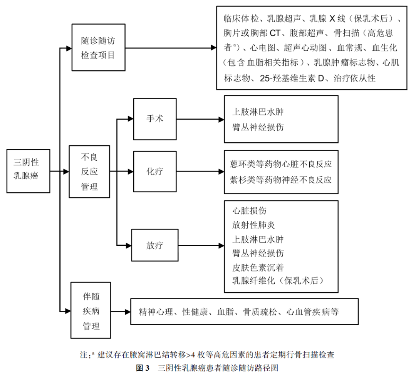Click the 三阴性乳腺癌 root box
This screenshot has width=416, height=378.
point(28,171)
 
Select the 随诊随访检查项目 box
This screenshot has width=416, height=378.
point(98,48)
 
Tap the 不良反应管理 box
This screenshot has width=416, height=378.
point(89,172)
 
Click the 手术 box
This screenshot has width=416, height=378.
point(155,119)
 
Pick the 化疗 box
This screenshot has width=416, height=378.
point(155,172)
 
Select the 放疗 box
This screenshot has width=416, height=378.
point(155,245)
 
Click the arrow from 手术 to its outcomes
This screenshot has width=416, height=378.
point(200,119)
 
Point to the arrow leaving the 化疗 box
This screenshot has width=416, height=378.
point(200,172)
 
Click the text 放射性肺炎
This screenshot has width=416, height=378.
point(254,225)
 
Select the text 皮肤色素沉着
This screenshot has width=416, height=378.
point(258,267)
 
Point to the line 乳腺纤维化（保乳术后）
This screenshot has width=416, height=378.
point(278,281)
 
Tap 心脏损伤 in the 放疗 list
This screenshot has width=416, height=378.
point(249,211)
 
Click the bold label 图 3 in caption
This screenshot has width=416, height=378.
point(143,368)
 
